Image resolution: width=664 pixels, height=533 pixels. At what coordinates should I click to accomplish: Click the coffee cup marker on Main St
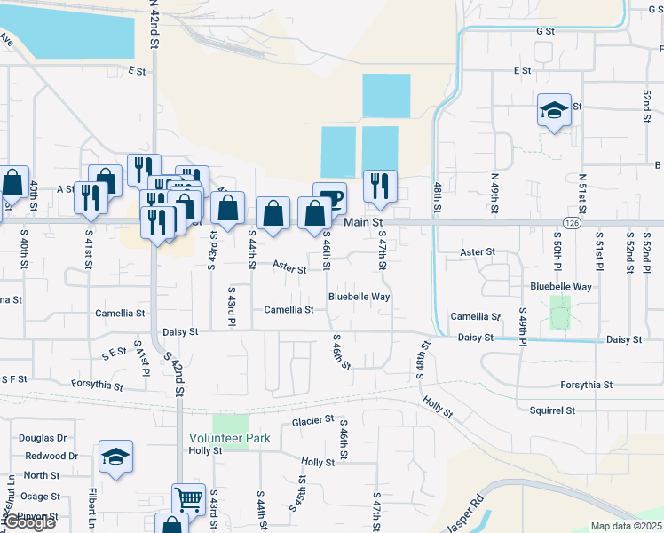[329, 197]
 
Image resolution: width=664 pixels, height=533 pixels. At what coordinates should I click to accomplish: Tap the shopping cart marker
[188, 499]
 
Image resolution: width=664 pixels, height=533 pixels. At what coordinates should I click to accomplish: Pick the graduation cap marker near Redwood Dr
[115, 457]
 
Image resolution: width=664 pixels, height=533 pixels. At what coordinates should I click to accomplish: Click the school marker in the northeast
[554, 111]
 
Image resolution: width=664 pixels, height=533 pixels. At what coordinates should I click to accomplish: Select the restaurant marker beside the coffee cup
[380, 186]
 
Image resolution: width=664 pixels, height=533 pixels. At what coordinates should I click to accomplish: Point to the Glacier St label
[312, 420]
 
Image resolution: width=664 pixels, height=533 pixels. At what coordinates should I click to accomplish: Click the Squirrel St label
[552, 410]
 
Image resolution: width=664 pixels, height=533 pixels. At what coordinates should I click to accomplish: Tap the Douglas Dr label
[43, 438]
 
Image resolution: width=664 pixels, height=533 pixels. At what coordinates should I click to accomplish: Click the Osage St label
[41, 497]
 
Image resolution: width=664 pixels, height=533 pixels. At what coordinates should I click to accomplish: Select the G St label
[545, 30]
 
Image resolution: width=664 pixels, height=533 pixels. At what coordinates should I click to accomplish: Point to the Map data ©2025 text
[625, 526]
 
